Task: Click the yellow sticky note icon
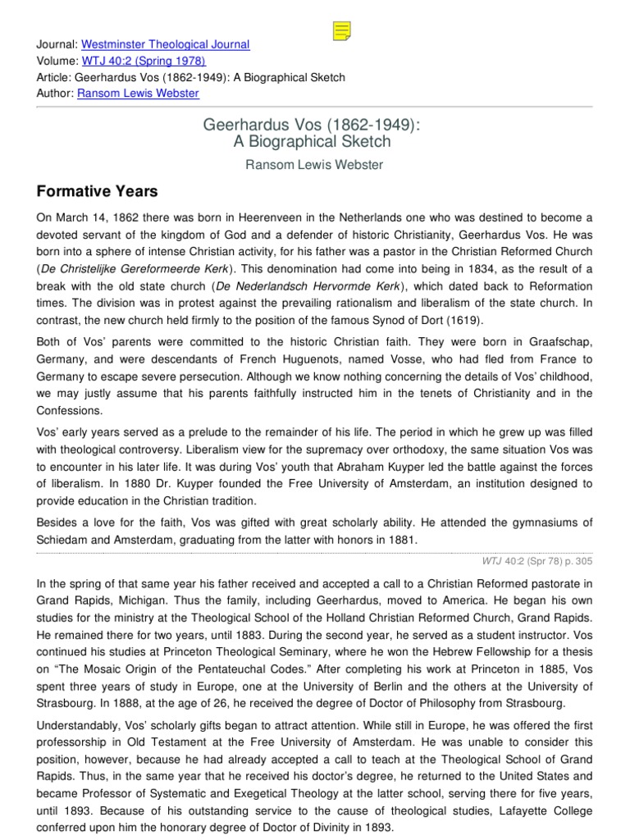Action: click(x=342, y=31)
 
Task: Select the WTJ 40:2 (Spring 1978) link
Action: click(x=144, y=61)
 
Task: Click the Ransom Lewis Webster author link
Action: click(x=138, y=94)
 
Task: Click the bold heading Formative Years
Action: click(x=98, y=192)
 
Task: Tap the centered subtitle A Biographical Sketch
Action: click(x=314, y=141)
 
